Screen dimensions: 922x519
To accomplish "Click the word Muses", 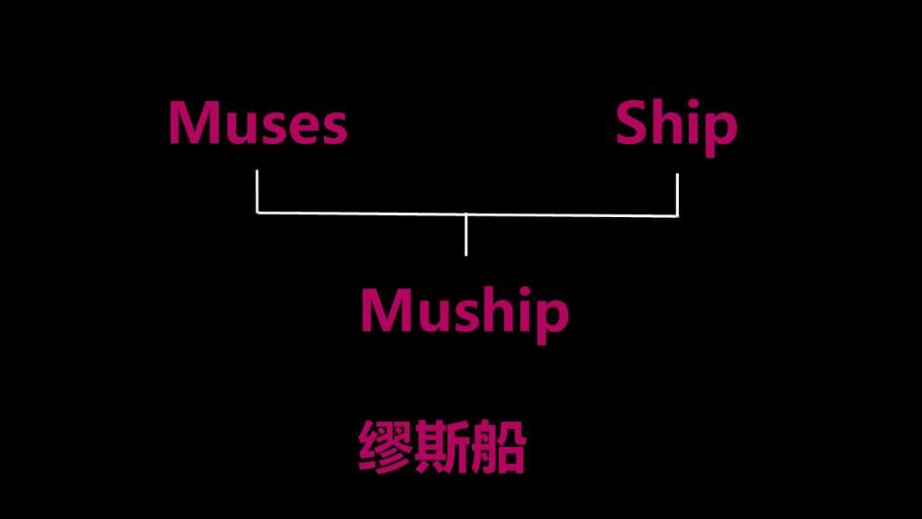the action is [258, 123].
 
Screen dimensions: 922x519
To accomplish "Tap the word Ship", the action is [676, 125].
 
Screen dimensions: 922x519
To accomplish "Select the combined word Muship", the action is [465, 312].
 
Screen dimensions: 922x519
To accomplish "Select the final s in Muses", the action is [333, 129].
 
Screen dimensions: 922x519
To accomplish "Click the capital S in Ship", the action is [632, 123].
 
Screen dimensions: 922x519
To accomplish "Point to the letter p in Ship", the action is [720, 132].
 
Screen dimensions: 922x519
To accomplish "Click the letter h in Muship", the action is [493, 310].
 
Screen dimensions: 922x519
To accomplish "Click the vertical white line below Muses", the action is [258, 190].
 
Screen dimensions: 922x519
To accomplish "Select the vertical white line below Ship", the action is [676, 194].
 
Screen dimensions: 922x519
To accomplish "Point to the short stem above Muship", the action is [466, 235].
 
